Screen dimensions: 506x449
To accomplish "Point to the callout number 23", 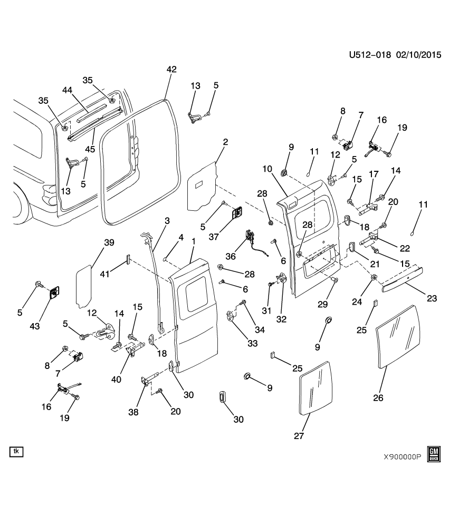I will pyautogui.click(x=432, y=298).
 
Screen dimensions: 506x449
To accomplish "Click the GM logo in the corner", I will pyautogui.click(x=434, y=453).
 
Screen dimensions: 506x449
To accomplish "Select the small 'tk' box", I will pyautogui.click(x=16, y=452).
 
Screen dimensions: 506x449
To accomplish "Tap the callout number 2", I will pyautogui.click(x=225, y=142).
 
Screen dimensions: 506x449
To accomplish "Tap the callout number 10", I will pyautogui.click(x=266, y=169).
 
